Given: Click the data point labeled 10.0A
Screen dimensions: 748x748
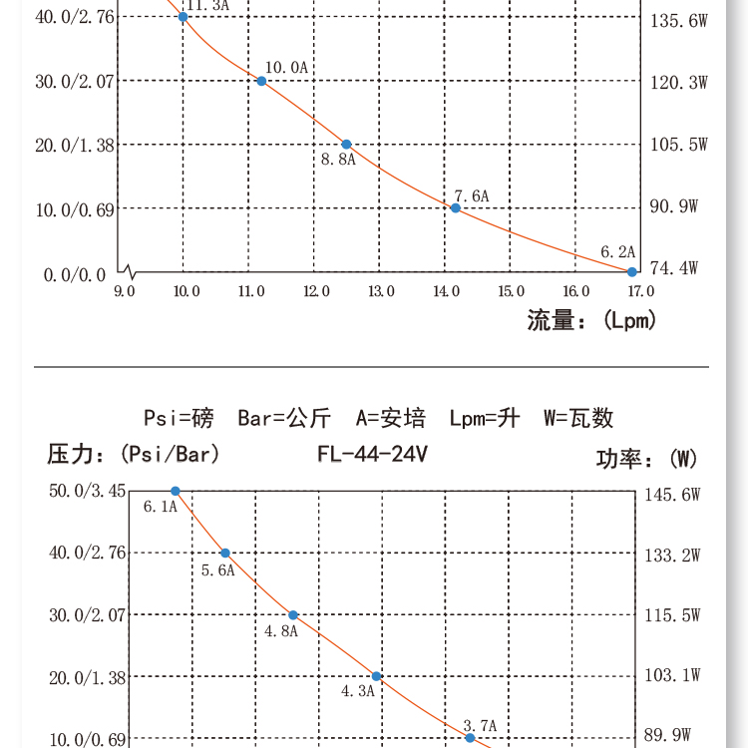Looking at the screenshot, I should coord(261,81).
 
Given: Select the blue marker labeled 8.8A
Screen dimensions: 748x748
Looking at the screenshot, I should coord(346,145).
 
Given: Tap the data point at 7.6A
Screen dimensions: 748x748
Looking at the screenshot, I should coord(455,207).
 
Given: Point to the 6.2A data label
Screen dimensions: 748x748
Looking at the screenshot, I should coord(617,252).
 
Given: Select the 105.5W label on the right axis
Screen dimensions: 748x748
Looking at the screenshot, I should coord(679,145).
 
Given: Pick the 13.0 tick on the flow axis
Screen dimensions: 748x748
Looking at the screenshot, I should coord(381,291).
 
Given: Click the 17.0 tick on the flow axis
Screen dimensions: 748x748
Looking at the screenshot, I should coord(639,291).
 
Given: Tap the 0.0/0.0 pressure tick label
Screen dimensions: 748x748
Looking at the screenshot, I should coord(74,274).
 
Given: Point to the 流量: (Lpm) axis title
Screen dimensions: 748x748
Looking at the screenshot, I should coord(591,320).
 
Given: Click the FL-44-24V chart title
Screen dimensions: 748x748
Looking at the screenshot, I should coord(372,455).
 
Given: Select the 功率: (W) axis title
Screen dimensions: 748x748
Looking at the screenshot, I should coord(646,459).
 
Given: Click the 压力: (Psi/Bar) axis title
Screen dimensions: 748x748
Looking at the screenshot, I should coord(134,455).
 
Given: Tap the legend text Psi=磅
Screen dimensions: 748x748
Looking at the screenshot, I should coord(179,418).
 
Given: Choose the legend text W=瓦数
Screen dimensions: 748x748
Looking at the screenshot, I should coord(578,418).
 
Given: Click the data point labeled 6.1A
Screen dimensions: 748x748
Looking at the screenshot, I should coord(176,491).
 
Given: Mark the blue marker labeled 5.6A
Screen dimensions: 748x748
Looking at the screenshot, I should coord(225,553).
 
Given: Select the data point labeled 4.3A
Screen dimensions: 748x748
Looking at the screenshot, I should coord(377,676).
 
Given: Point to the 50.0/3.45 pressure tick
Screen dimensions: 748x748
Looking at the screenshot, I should coord(88,491).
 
